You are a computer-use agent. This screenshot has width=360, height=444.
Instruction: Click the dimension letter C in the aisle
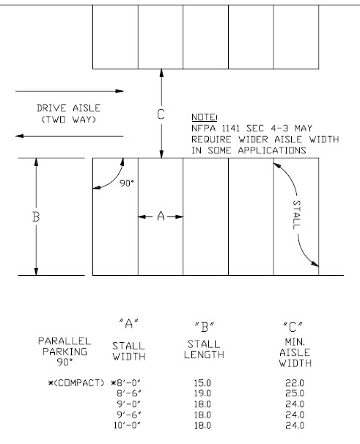pos(161,114)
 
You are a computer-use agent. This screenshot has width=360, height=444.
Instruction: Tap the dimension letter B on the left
pos(36,217)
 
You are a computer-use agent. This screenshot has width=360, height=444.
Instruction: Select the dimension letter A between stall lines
pos(161,216)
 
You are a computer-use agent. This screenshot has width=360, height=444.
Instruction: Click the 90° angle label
pos(126,183)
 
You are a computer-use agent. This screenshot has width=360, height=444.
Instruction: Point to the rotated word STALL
pos(296,214)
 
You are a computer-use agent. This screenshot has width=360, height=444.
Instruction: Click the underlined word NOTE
pos(203,117)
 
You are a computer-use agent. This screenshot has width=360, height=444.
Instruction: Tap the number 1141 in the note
pos(230,128)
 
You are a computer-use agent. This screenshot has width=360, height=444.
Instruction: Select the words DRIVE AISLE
pos(68,108)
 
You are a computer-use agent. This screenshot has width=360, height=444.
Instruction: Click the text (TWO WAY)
pos(69,119)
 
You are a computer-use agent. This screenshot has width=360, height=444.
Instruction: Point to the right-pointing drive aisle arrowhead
pos(120,91)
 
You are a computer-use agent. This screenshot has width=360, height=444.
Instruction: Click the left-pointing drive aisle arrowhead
pos(20,136)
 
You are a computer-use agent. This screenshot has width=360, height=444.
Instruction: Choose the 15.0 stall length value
pos(202,383)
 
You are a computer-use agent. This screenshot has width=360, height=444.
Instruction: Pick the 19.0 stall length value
pos(202,393)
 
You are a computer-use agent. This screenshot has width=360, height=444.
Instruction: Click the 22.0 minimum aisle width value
pos(295,383)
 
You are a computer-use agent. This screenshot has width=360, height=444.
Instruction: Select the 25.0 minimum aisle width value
pos(295,393)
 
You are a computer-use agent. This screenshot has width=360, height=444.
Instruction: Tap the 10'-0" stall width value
pos(128,426)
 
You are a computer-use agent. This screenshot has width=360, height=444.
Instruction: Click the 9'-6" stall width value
pos(129,415)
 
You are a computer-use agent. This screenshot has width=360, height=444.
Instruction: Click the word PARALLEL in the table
pos(65,341)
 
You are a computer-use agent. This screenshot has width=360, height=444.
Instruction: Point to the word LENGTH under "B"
pos(204,354)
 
